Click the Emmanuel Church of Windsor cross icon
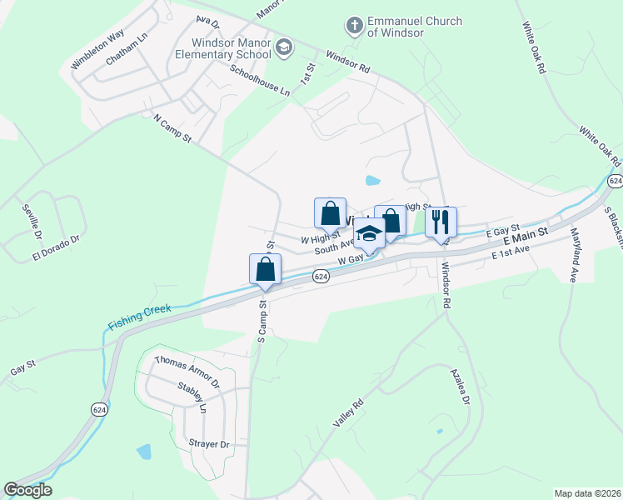(354, 26)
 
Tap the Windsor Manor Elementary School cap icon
(284, 47)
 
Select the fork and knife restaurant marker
(441, 222)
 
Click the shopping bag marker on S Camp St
(265, 269)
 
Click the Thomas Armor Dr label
(187, 372)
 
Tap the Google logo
(27, 490)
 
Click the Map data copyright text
(588, 493)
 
